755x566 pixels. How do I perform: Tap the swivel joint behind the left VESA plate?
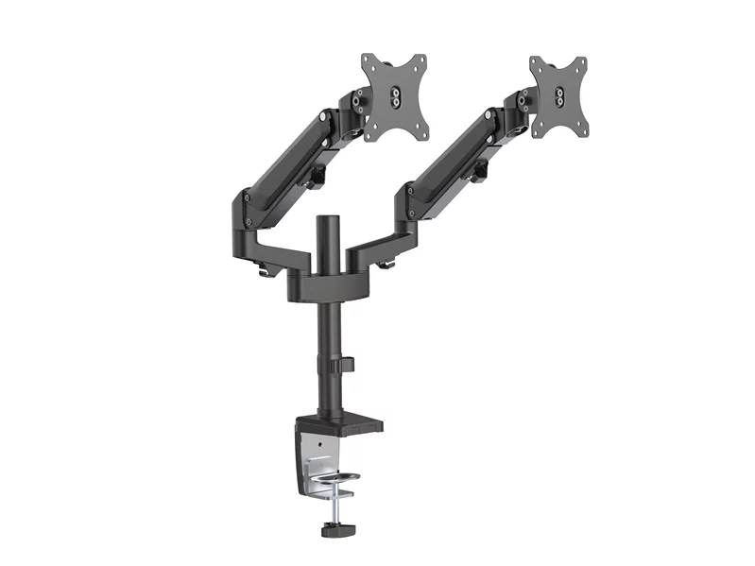[358, 103]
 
